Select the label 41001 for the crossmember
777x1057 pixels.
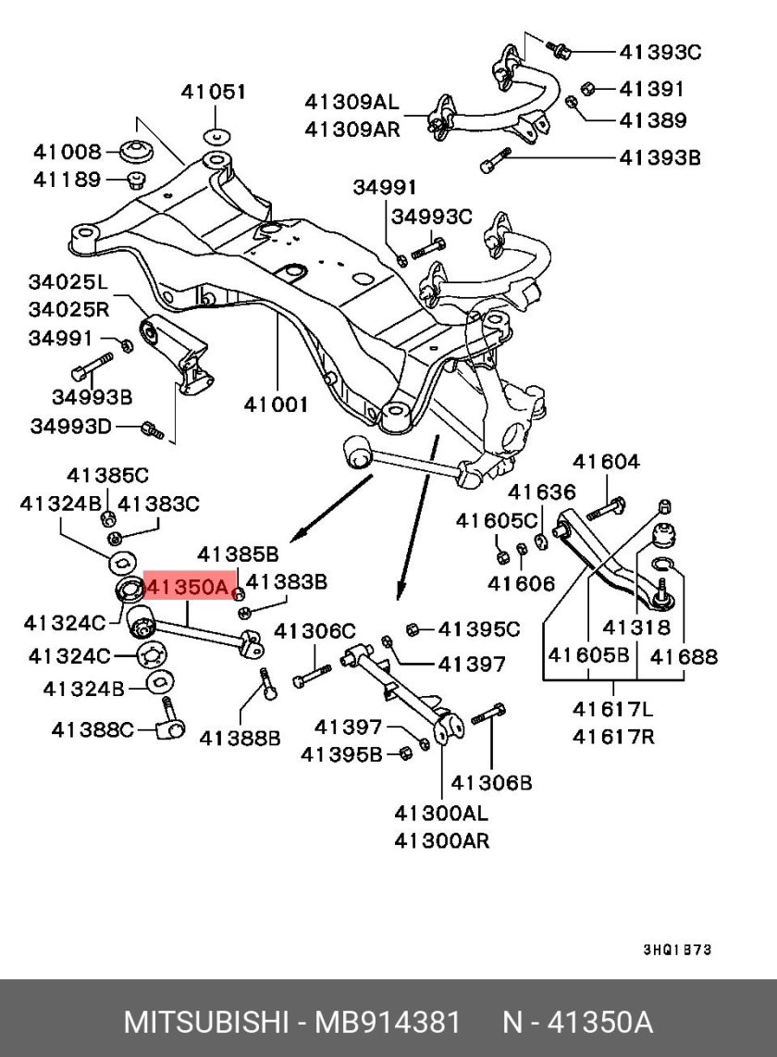(x=277, y=404)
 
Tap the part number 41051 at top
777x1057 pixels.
(x=213, y=92)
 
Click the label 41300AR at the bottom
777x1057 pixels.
(x=441, y=840)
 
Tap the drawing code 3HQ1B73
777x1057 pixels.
(x=677, y=951)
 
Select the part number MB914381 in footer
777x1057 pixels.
(x=388, y=1022)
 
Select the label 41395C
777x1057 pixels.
(x=478, y=630)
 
